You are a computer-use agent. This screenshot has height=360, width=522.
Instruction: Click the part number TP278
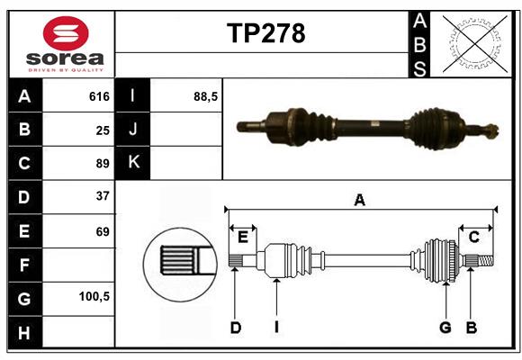(x=265, y=33)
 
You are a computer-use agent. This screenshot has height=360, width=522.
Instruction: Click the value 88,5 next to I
(x=206, y=96)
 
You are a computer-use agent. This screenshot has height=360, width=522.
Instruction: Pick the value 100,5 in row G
(x=94, y=296)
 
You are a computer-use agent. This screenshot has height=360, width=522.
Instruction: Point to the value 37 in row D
(x=102, y=196)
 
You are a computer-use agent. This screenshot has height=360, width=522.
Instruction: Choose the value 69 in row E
(x=102, y=230)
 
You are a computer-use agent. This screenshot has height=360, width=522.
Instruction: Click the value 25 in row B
(x=102, y=130)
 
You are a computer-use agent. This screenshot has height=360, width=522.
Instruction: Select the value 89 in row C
(x=102, y=163)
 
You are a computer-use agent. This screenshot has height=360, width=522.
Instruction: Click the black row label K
(x=133, y=163)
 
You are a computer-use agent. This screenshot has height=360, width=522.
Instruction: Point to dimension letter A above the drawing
(x=359, y=201)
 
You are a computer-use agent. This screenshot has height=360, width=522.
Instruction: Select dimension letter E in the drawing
(x=243, y=237)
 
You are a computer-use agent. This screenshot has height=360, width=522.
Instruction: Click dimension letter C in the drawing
(x=473, y=237)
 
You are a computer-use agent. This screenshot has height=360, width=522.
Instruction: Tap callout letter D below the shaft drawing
(x=235, y=328)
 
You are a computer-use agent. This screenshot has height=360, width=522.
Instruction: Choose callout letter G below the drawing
(x=445, y=328)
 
